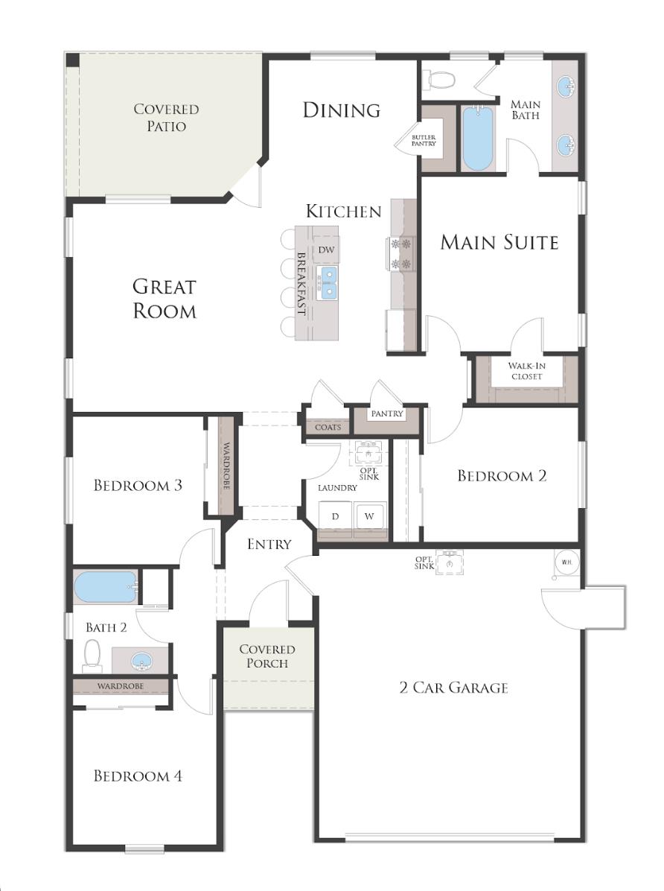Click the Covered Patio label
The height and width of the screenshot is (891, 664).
coord(166,118)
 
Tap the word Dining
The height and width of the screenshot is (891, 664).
coord(341,110)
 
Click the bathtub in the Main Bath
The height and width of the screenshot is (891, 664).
coord(477,139)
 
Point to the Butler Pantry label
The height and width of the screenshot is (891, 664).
coord(424,141)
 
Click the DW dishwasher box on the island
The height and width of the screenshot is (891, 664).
coord(326,250)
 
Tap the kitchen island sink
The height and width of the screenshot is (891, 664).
coord(327,282)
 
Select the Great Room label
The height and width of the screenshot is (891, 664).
coord(165,298)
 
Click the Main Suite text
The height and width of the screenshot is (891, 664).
coord(499,242)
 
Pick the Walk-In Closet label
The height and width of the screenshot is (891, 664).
coord(526,371)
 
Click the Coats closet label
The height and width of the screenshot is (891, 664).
coord(328,428)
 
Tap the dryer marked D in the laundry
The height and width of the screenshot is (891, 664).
coord(335,516)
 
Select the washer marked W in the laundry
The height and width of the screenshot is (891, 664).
coord(369,516)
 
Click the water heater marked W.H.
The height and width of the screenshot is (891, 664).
coord(566,562)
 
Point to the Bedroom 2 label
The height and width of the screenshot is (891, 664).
coord(502,476)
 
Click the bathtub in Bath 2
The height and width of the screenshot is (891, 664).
coord(106,587)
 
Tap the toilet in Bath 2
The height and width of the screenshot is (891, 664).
coord(92,656)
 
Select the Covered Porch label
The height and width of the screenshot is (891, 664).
coord(266,656)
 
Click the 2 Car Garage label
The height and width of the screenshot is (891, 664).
coord(453,687)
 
